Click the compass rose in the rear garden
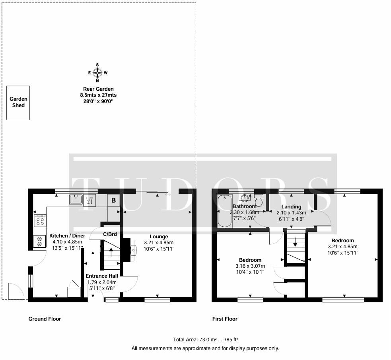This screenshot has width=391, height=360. [97, 73]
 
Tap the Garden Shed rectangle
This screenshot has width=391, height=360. [18, 103]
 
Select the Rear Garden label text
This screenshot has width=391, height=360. [98, 89]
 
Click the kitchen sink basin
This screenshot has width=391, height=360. [76, 199]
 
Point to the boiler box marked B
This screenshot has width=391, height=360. [114, 200]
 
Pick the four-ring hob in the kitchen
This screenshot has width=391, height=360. [40, 220]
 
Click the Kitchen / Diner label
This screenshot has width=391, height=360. [67, 235]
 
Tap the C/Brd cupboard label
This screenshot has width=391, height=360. [110, 234]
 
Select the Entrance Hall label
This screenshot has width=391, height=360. [102, 276]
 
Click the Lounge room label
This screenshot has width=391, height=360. [159, 237]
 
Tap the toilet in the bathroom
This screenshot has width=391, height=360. [259, 200]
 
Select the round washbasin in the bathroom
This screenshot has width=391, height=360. [245, 198]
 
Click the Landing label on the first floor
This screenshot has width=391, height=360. [291, 207]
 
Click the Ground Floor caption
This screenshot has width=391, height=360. [45, 319]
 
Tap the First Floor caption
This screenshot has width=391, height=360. [225, 319]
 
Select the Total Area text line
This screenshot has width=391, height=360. [205, 340]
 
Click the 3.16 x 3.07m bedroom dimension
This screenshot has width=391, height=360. [250, 266]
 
